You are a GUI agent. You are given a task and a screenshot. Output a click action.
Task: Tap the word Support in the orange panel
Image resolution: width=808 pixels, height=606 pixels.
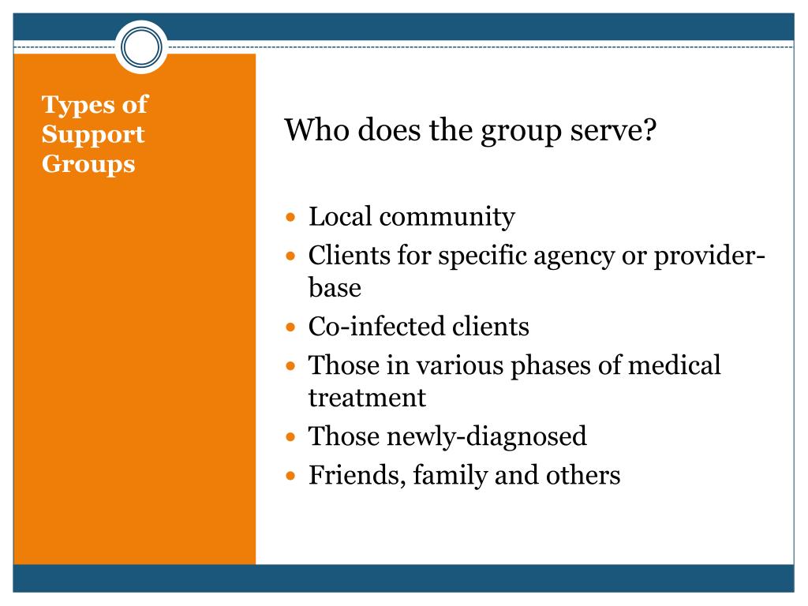pyautogui.click(x=93, y=134)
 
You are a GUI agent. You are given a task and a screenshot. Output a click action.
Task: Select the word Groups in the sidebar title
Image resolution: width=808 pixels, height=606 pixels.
pyautogui.click(x=88, y=164)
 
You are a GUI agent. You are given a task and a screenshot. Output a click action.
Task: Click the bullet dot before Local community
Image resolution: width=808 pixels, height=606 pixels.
pyautogui.click(x=290, y=217)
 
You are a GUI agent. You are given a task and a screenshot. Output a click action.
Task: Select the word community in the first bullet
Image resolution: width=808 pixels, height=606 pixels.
pyautogui.click(x=447, y=217)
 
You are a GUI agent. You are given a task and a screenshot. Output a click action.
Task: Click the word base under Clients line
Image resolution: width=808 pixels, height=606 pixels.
pyautogui.click(x=335, y=287)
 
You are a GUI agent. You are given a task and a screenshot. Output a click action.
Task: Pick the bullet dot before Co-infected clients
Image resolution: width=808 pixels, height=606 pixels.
pyautogui.click(x=290, y=327)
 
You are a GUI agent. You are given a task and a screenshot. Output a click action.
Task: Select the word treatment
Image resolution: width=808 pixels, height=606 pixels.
pyautogui.click(x=367, y=398)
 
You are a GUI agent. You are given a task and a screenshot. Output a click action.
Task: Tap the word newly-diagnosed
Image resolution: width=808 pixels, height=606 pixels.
pyautogui.click(x=486, y=437)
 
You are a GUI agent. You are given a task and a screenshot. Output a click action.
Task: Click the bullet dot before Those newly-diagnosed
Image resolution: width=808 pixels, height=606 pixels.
pyautogui.click(x=290, y=437)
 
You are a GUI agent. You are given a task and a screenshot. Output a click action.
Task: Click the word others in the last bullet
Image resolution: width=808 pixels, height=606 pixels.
pyautogui.click(x=583, y=474)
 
